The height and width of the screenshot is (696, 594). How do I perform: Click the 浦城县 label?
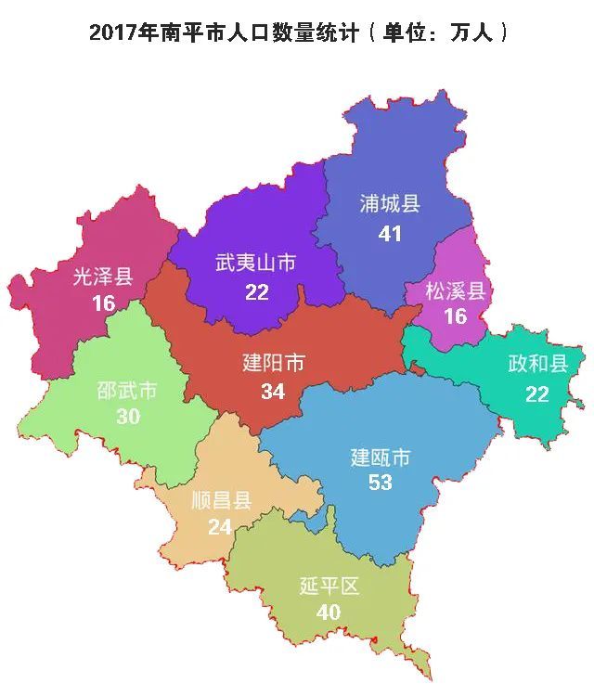(x=390, y=204)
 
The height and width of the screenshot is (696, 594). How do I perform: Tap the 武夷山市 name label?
(x=256, y=264)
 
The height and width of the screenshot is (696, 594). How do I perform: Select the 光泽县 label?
(x=103, y=276)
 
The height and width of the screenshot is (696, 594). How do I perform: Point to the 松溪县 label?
(x=455, y=291)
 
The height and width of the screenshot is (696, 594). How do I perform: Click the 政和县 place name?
(x=537, y=364)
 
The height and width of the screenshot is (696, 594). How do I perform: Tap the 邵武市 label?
(x=127, y=390)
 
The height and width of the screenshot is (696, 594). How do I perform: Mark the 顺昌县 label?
(x=221, y=501)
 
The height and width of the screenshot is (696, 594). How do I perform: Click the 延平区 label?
(x=329, y=586)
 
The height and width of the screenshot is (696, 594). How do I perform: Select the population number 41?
(x=390, y=234)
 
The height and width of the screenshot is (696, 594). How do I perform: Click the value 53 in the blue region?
(x=380, y=483)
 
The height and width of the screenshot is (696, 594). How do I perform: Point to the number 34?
(x=273, y=392)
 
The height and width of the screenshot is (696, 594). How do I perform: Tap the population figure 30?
(x=128, y=417)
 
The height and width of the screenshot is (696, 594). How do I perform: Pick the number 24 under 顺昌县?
(x=220, y=527)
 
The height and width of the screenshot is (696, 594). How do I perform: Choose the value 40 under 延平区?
(x=329, y=612)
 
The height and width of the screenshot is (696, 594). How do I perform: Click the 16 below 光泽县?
(x=103, y=303)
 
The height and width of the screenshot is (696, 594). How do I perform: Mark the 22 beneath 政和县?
(x=537, y=393)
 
